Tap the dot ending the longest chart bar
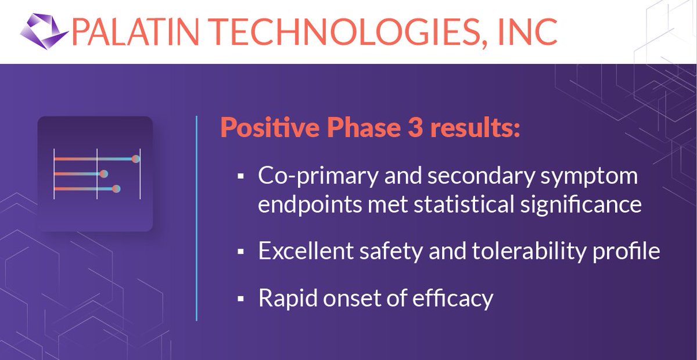coord(135,159)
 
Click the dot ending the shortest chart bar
coord(104,174)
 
